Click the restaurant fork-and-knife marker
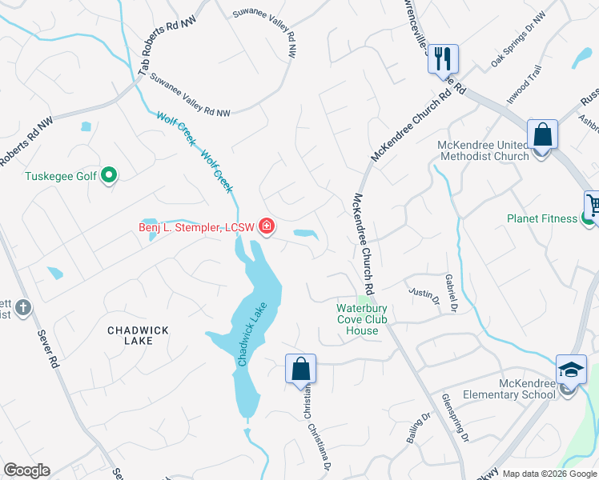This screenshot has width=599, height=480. pyautogui.click(x=442, y=58)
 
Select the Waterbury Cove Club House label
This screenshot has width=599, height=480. pyautogui.click(x=362, y=319)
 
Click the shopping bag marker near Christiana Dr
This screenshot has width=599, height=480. pyautogui.click(x=300, y=369)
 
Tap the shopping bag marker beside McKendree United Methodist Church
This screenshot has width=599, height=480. pyautogui.click(x=542, y=134)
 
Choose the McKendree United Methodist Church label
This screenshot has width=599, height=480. pyautogui.click(x=483, y=150)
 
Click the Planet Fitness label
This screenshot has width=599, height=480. pyautogui.click(x=541, y=218)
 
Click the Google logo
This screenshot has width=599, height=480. pyautogui.click(x=26, y=470)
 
